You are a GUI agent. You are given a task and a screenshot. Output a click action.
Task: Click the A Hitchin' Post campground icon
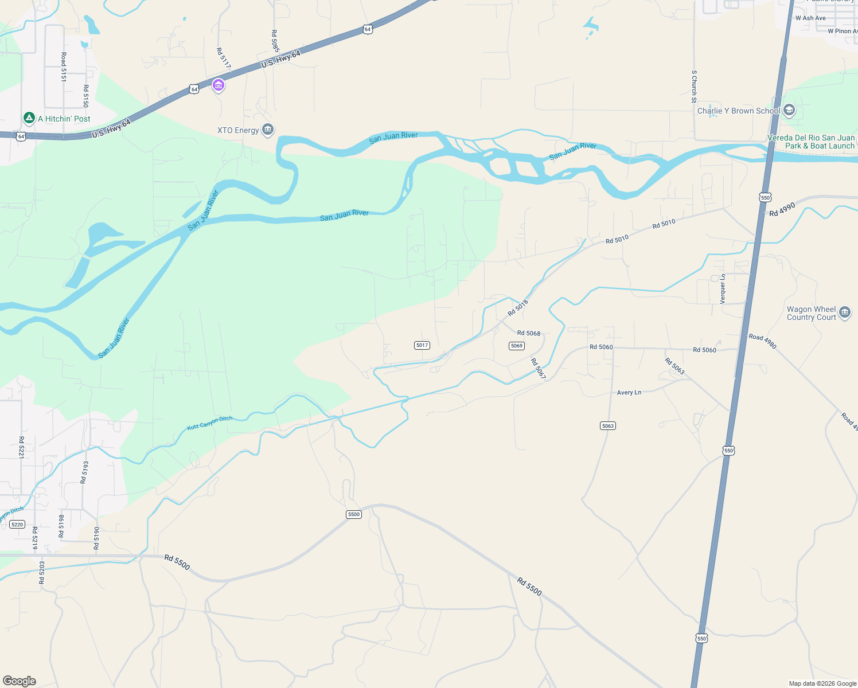[x=29, y=118]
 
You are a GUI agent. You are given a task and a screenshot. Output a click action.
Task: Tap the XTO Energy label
[x=238, y=130]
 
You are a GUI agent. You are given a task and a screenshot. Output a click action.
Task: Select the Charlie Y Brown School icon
[x=789, y=111]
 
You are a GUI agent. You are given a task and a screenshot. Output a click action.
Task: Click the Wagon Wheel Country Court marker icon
[x=844, y=312]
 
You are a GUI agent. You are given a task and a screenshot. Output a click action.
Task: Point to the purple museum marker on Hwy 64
[x=218, y=85]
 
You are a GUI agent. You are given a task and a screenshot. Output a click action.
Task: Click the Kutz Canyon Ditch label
[x=210, y=423]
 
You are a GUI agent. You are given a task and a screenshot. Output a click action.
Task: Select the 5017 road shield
[x=422, y=345]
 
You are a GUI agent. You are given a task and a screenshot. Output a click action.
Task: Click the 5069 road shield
[x=517, y=346]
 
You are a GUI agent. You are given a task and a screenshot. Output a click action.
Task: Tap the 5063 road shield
[x=608, y=425]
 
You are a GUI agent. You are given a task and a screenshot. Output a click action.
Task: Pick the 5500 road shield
[x=354, y=514]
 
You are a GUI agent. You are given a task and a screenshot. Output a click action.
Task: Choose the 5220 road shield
[x=17, y=525]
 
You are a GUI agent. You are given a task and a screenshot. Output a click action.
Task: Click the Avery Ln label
[x=629, y=393]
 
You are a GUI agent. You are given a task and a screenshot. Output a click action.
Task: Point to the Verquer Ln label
[x=723, y=288]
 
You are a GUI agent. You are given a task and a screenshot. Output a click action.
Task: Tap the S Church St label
[x=694, y=87]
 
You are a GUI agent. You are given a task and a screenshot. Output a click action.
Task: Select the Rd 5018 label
[x=518, y=308]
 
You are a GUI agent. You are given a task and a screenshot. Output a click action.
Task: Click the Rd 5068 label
[x=529, y=333]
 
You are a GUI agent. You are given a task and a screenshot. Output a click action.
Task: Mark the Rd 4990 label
[x=782, y=209]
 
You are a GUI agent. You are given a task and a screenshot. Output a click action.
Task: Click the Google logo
[x=19, y=681]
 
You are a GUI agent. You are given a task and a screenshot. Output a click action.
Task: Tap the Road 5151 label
[x=64, y=67]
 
